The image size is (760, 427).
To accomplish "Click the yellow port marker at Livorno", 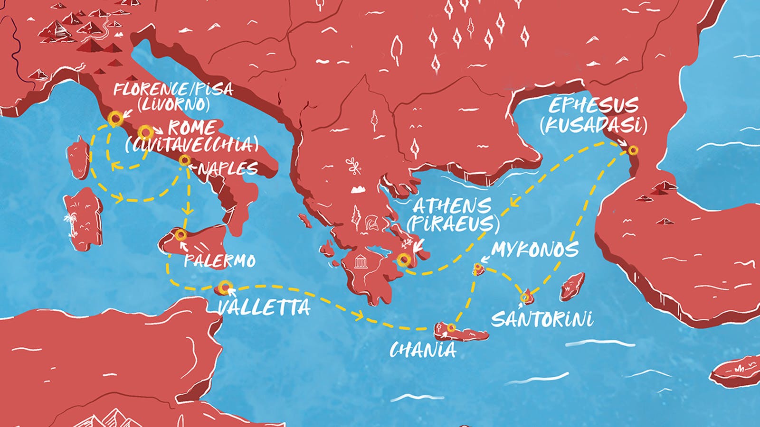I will (x=114, y=119).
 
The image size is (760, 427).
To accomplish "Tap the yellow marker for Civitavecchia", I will (x=145, y=131).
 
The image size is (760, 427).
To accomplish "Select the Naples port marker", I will (x=184, y=161).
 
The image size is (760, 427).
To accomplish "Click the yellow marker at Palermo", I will (x=180, y=235).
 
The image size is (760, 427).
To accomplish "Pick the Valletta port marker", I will (x=224, y=286).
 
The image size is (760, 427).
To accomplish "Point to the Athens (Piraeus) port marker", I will (x=403, y=259).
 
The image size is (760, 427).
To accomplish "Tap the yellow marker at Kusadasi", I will (x=633, y=150).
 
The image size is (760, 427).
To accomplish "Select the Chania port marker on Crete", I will (x=451, y=327).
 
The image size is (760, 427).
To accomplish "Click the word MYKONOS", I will (x=535, y=250).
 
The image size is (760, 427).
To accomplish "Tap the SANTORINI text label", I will (x=542, y=319).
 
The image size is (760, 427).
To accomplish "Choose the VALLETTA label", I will (x=264, y=307).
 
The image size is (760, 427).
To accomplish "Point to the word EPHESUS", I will (x=594, y=105).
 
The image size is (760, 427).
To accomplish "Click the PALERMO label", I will (x=220, y=260).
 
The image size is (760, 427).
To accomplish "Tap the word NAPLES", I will (x=228, y=168).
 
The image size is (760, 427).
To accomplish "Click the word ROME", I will (x=192, y=128).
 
